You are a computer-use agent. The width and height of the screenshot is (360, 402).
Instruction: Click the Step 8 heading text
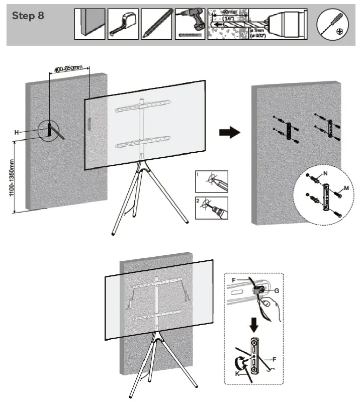click(28, 16)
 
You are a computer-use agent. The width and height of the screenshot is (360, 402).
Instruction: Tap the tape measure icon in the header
click(123, 24)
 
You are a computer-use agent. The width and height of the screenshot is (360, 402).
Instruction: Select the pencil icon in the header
click(156, 24)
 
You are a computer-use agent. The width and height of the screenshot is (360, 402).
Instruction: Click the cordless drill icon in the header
click(190, 24)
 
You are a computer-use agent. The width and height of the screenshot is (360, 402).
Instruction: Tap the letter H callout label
click(16, 132)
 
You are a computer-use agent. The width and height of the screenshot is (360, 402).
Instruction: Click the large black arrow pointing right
click(229, 133)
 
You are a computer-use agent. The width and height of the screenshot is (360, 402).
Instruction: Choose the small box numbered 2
click(211, 207)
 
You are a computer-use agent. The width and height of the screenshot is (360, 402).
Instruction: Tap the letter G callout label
click(277, 290)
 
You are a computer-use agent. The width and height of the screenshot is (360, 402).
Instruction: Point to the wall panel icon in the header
click(90, 24)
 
